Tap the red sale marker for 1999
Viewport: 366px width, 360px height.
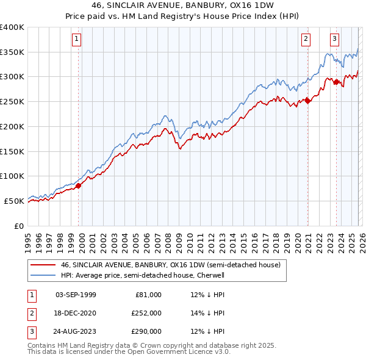78,185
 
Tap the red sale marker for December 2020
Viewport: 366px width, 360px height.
307,101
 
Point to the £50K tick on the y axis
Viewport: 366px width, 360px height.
14,201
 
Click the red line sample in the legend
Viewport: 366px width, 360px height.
43,265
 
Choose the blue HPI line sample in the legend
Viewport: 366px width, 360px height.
43,275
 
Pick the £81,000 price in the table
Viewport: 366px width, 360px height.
148,295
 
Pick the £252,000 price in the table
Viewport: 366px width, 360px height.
146,313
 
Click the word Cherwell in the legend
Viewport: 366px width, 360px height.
213,275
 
